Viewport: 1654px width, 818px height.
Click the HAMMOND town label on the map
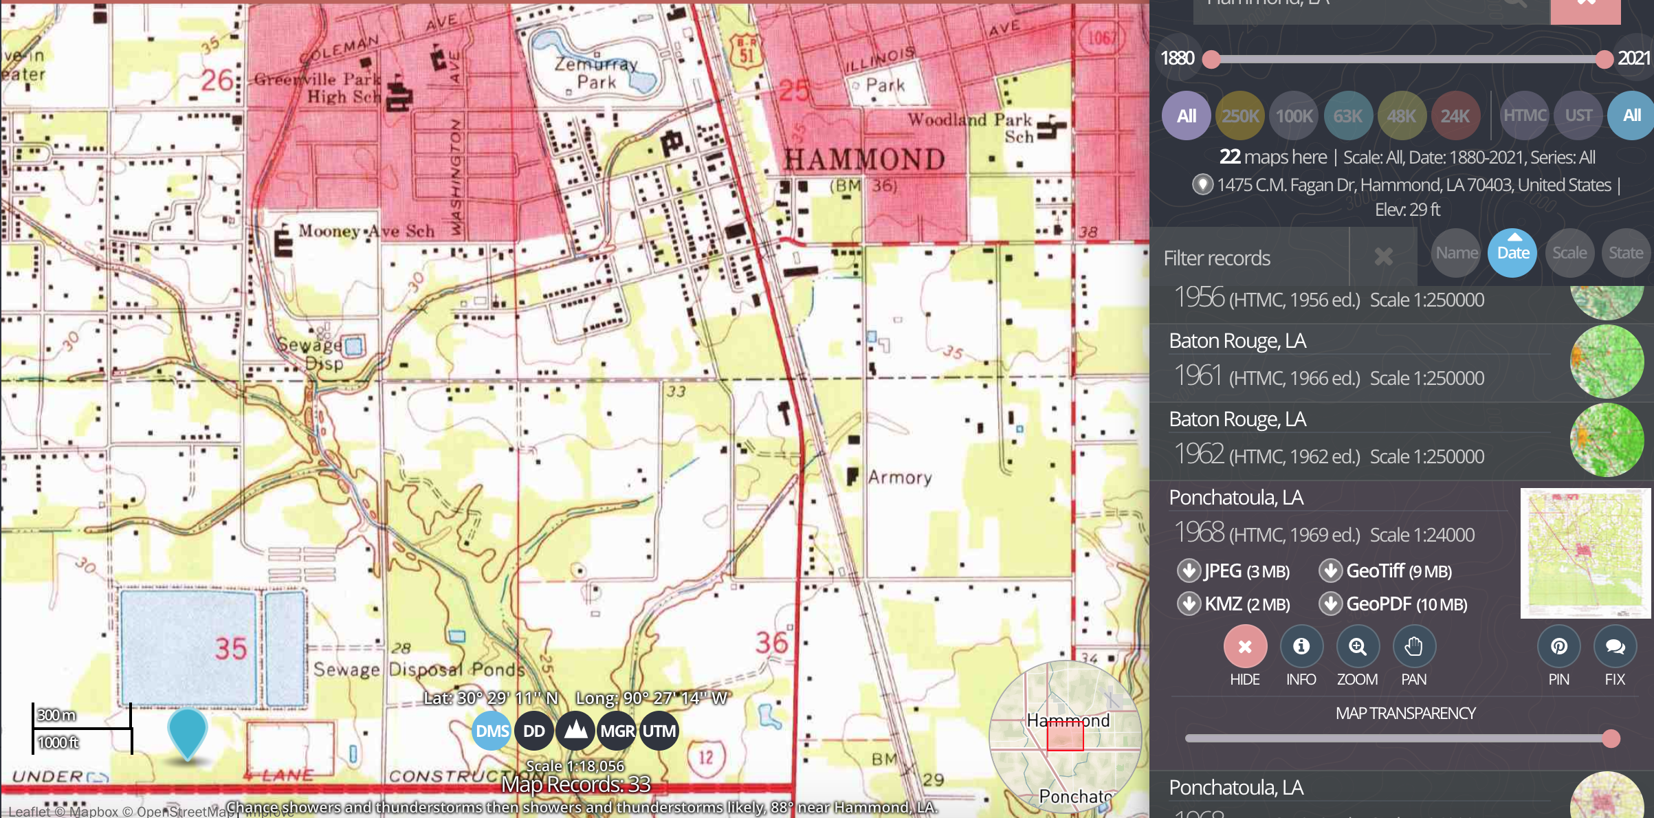tap(864, 159)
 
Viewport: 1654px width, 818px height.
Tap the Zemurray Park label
tap(596, 73)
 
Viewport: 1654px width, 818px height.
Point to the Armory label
tap(899, 477)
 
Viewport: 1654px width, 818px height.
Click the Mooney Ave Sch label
tap(366, 232)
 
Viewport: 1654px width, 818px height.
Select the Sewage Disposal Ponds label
tap(419, 669)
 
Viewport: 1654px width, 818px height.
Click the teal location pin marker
tap(187, 731)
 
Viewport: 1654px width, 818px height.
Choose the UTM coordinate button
tap(658, 731)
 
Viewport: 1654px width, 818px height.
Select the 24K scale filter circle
tap(1455, 115)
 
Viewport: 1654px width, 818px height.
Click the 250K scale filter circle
tap(1239, 115)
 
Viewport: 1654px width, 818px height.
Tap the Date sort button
tap(1512, 253)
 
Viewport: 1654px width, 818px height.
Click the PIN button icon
tap(1558, 647)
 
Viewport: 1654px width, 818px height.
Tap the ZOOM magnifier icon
tap(1357, 647)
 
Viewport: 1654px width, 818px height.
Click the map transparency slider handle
tap(1611, 739)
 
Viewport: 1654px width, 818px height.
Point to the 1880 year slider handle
tap(1211, 59)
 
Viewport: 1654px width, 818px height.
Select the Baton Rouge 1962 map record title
tap(1237, 419)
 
